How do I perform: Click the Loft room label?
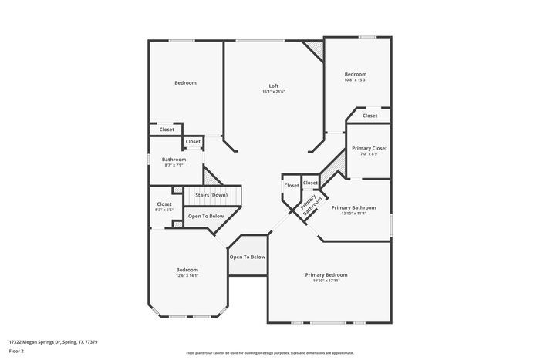click(273, 86)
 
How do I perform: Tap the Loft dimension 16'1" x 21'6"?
click(273, 92)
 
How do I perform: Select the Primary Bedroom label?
click(326, 274)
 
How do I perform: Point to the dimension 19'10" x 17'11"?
click(326, 281)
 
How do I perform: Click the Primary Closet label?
click(369, 148)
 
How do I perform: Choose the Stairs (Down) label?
click(211, 196)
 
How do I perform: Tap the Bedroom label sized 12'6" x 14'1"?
click(187, 269)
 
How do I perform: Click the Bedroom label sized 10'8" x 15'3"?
click(355, 74)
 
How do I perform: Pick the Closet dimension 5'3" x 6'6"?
click(164, 210)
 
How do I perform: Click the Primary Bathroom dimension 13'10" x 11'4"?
click(353, 214)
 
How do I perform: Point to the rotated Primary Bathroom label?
click(310, 205)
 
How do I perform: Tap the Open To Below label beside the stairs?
click(206, 217)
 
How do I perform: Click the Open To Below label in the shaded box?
click(248, 257)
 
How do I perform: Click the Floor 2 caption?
click(16, 351)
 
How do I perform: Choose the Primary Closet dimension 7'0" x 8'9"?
click(369, 154)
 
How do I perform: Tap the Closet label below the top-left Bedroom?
click(167, 130)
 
